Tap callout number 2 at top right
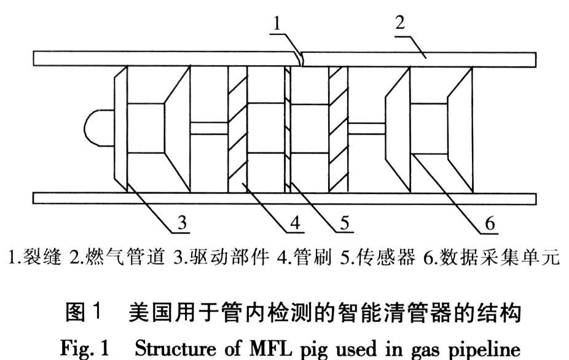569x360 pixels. point(399,25)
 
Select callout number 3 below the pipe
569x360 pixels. point(181,223)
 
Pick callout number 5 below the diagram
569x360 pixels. point(346,223)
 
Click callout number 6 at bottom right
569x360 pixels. point(490,223)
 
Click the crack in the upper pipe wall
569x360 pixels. point(300,60)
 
